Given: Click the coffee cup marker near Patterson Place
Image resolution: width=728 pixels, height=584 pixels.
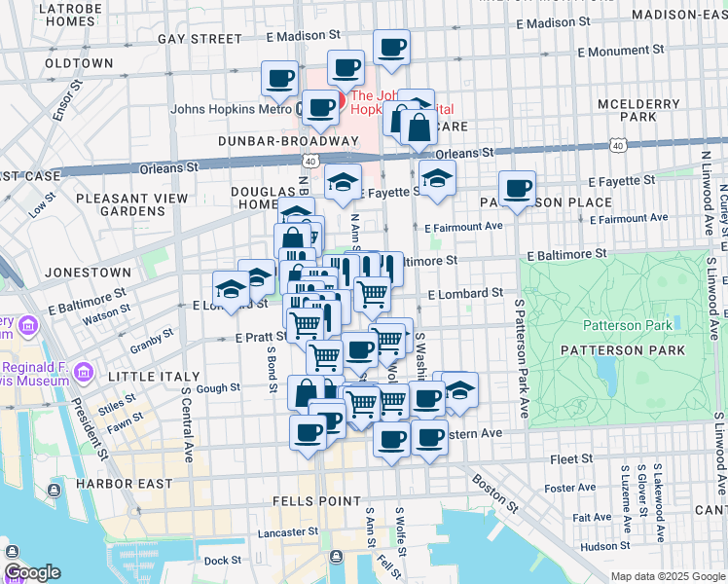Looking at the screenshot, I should point(517,188).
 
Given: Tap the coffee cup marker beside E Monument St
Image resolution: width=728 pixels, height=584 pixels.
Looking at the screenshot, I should point(391,47).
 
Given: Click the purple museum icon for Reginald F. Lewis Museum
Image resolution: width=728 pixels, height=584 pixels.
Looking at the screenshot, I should point(84,371).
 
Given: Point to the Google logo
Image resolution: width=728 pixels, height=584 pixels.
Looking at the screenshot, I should point(32,572).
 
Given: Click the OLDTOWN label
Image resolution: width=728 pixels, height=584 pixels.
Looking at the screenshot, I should point(80,62).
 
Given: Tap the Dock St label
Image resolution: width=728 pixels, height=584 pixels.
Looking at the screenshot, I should point(222,560).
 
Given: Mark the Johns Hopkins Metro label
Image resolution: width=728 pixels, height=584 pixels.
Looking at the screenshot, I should point(232,109).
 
